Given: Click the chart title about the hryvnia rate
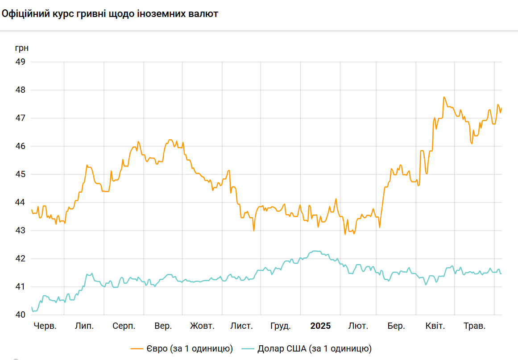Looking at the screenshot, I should (110, 14).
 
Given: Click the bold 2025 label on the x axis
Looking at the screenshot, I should (320, 326).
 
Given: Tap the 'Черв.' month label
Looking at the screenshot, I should (45, 326).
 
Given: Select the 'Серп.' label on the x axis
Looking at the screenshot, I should (124, 326).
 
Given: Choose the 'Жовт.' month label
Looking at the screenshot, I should (202, 326).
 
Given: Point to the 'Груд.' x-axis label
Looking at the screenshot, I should (281, 326).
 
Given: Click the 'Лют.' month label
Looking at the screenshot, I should (358, 326).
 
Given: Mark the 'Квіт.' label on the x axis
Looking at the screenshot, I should (435, 326).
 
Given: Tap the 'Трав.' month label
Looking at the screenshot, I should (474, 326).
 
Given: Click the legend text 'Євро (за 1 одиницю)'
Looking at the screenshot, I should (190, 348).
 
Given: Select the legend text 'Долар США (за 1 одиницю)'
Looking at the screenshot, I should (315, 348).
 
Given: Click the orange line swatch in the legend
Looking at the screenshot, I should (137, 348).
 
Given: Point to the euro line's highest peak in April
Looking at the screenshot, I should (444, 97).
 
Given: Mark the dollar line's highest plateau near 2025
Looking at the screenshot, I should (316, 251).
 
